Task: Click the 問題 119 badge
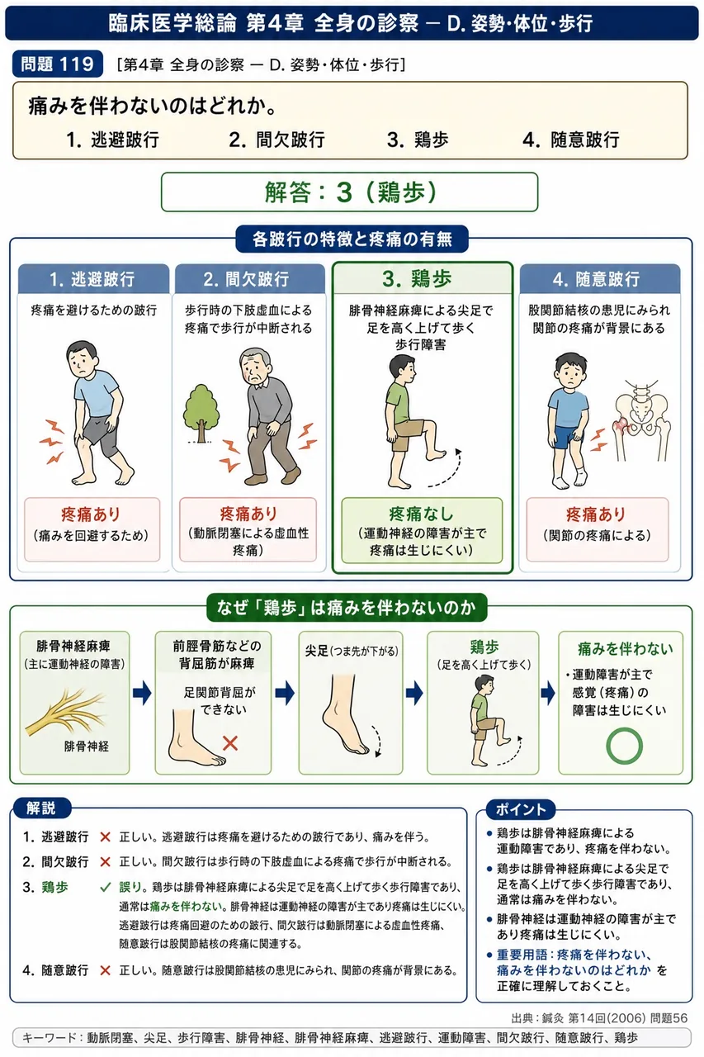57,64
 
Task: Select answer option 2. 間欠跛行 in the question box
276,140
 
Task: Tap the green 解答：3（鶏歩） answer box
349,192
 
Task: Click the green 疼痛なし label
421,514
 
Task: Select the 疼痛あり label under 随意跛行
597,514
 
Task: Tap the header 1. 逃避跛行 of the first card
93,279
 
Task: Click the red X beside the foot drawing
230,743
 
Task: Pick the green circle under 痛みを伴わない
624,746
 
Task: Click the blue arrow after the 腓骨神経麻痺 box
142,693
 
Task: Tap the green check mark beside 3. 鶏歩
106,888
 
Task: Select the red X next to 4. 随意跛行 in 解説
105,970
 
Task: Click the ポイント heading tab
520,809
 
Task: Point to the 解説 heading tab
41,808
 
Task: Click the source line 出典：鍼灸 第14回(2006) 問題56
599,1018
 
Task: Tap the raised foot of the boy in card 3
436,455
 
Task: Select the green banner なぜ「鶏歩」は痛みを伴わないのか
347,608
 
